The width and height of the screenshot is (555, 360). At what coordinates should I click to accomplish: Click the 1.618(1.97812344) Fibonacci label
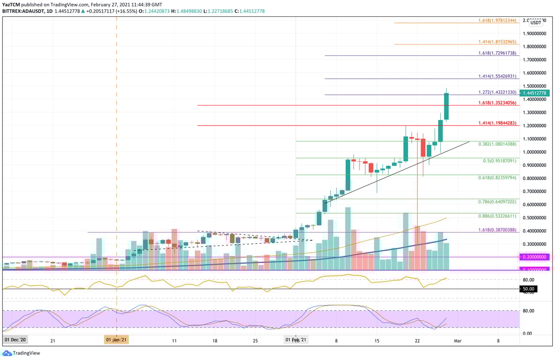[x=497, y=20]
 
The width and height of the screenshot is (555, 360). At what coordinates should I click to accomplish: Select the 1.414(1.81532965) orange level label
[x=497, y=42]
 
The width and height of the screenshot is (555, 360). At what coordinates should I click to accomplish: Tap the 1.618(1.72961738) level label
[x=497, y=53]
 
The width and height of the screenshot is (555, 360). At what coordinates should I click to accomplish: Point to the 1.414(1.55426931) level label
[x=497, y=76]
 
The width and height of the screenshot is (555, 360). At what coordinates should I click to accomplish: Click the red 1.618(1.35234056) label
[x=497, y=103]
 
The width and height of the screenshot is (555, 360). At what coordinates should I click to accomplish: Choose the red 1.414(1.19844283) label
[x=497, y=123]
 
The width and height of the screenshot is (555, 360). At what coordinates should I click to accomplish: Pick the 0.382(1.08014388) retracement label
[x=497, y=144]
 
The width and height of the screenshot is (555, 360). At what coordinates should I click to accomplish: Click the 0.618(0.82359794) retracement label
[x=497, y=178]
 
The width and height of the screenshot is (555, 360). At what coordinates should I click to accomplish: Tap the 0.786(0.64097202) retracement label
[x=497, y=202]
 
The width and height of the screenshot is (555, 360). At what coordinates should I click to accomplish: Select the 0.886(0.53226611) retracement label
[x=497, y=216]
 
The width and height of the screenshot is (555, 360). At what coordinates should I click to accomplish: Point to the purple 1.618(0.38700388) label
[x=497, y=230]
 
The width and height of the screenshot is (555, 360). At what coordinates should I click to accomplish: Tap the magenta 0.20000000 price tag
[x=534, y=257]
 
